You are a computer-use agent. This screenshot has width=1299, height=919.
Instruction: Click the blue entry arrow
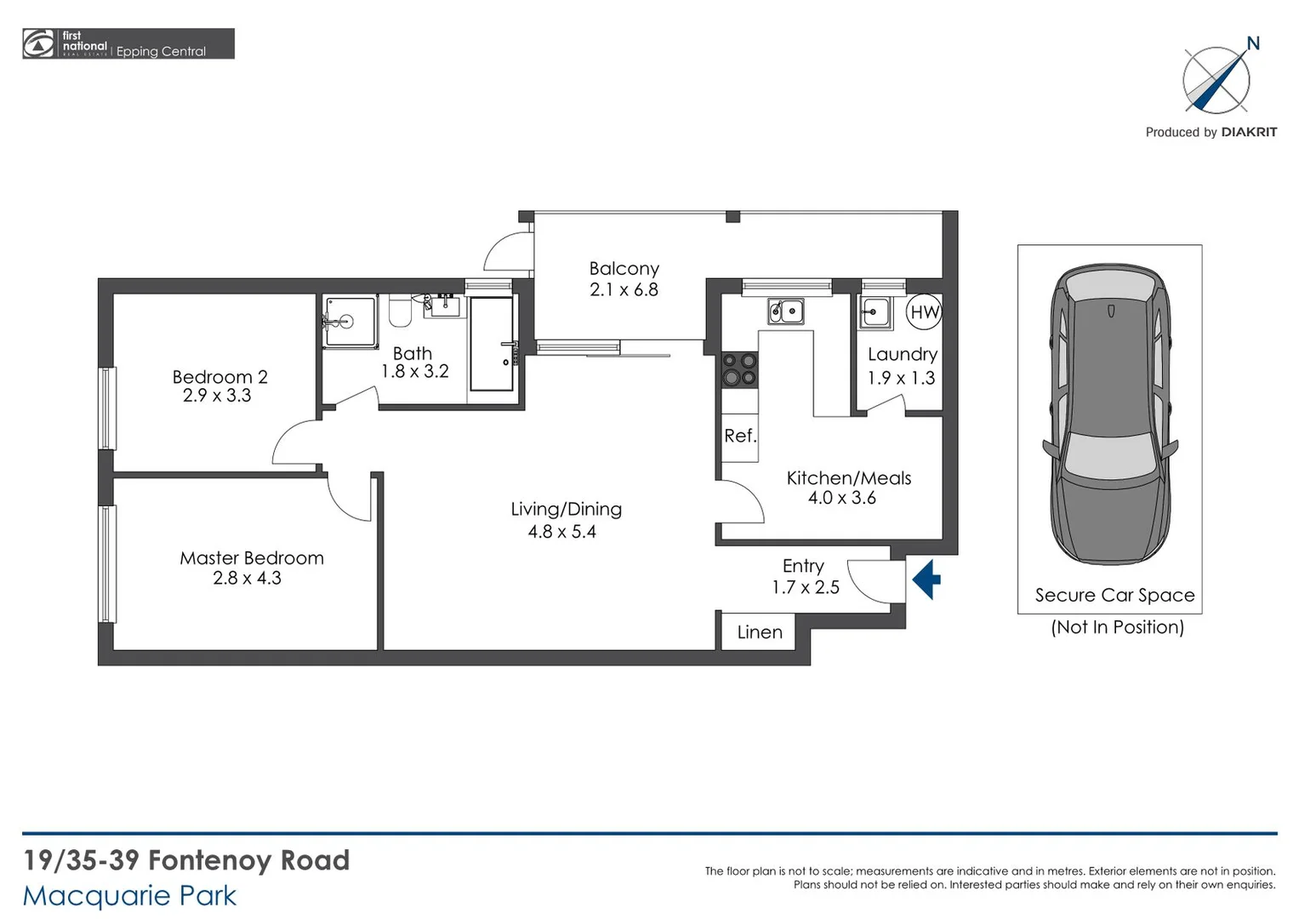click(x=926, y=579)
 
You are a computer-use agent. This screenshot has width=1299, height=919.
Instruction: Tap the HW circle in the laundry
click(x=924, y=311)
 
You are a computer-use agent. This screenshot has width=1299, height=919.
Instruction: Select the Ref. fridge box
click(x=739, y=437)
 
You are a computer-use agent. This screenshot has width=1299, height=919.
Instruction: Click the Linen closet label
click(x=760, y=632)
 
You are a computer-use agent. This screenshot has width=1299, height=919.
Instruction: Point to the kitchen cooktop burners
click(x=739, y=369)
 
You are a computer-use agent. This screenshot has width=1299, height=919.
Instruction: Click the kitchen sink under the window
click(x=786, y=311)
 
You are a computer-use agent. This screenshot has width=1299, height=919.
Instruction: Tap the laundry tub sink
click(x=875, y=312)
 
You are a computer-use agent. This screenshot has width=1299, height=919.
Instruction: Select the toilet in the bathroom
click(x=400, y=311)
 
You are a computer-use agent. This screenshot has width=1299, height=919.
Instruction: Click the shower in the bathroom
click(x=349, y=322)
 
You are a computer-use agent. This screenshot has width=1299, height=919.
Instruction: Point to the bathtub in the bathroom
click(x=492, y=344)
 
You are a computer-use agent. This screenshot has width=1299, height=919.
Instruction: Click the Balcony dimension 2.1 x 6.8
click(x=624, y=289)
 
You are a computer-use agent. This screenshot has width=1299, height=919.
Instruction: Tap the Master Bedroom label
click(x=252, y=558)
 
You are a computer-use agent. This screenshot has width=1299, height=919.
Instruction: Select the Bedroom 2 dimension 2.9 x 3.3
click(x=217, y=396)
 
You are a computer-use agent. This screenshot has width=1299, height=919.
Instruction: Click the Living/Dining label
click(x=566, y=509)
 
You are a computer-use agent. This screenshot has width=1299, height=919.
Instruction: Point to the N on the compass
click(x=1252, y=43)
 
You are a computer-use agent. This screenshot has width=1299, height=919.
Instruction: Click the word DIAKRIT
click(x=1249, y=132)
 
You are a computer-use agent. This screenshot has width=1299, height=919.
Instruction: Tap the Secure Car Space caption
click(x=1114, y=596)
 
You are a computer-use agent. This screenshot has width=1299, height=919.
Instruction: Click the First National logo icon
click(x=38, y=43)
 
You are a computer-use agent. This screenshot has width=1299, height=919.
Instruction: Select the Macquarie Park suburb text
click(x=129, y=896)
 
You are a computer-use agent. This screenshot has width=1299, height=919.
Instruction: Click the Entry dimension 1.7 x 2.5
click(x=805, y=587)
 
